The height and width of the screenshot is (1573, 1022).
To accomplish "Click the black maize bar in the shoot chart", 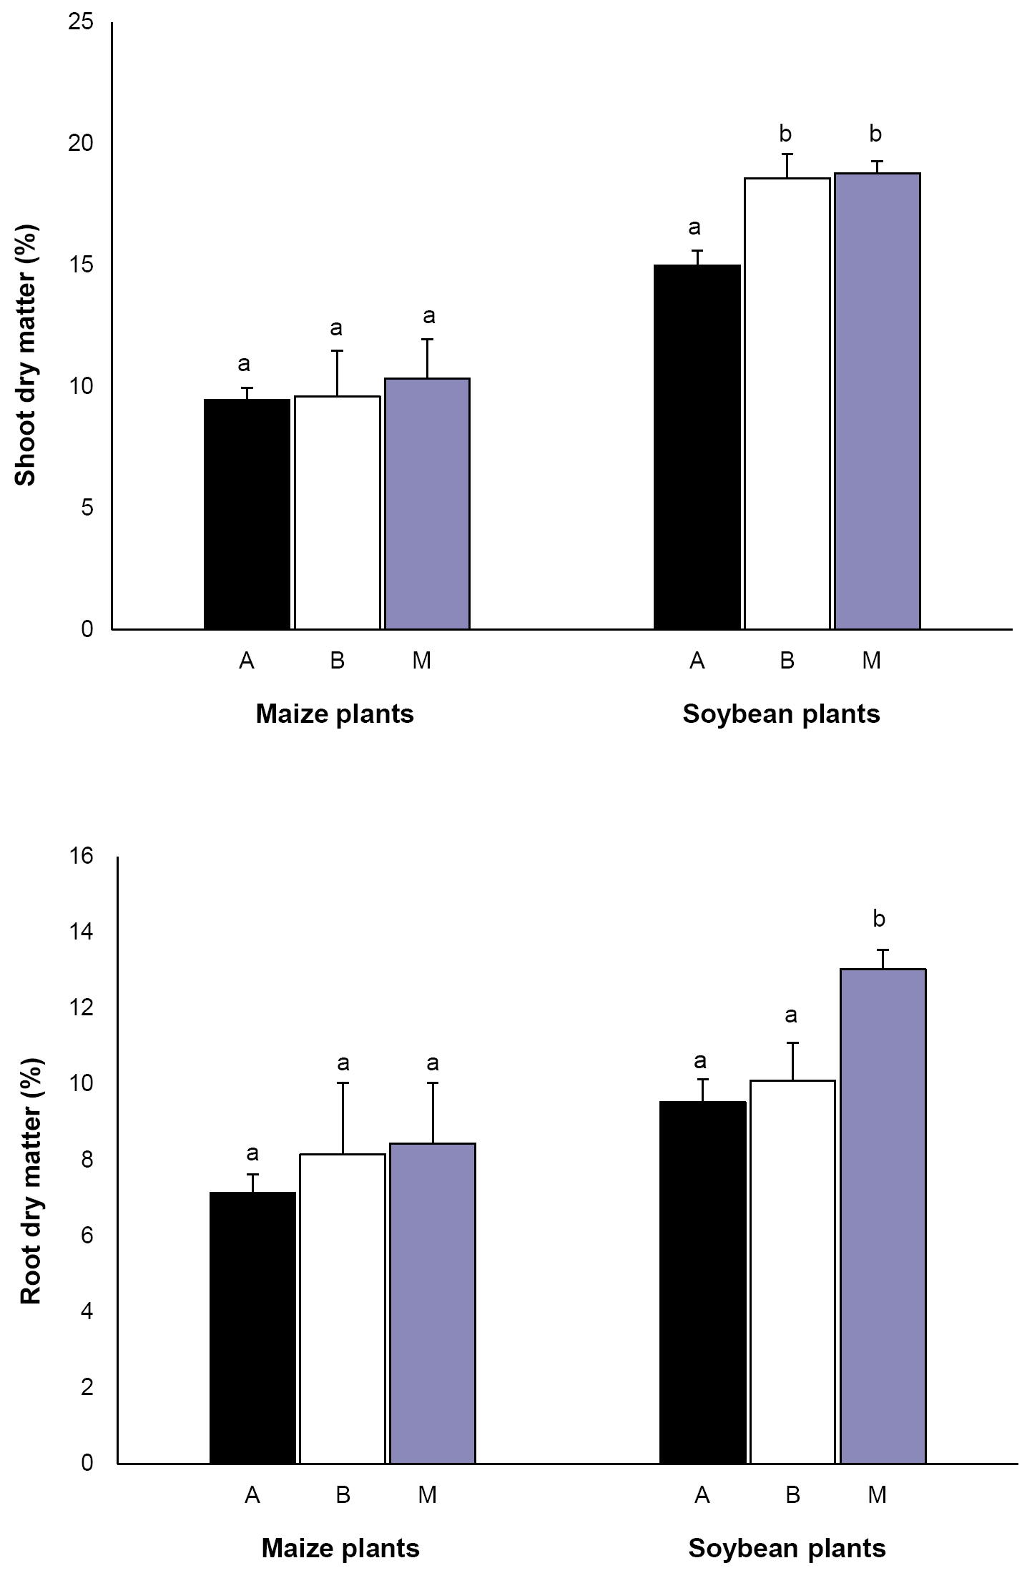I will point(247,514).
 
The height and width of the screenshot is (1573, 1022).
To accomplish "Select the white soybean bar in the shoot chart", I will point(787,403).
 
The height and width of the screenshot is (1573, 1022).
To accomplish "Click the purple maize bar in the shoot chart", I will point(427,503).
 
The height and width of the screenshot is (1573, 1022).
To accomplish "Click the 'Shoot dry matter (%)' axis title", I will point(26,355).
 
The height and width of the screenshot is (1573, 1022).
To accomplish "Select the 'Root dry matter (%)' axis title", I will point(30,1181).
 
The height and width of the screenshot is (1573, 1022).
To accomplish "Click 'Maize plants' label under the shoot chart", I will point(335,714).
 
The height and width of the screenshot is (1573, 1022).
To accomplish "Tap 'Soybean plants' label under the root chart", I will point(787,1548).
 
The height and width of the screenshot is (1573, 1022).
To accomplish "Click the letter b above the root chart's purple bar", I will point(879,918).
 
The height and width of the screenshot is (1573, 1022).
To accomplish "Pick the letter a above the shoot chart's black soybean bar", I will point(694,227).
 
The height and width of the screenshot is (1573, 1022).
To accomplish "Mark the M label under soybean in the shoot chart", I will point(871,660).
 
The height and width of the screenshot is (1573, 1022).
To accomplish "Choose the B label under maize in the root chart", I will point(343,1494).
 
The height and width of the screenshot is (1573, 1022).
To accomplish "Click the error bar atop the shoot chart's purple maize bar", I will point(427,358).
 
